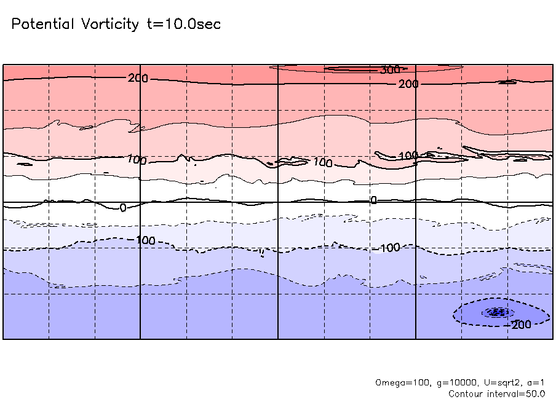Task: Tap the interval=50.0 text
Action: [517, 393]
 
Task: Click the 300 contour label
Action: [389, 70]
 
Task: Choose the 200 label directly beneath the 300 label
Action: [408, 84]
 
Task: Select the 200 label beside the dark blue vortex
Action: [522, 325]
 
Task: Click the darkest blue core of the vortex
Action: [498, 312]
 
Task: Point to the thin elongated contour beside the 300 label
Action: [351, 69]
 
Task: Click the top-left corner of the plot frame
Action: [3, 65]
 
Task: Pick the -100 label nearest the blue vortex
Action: [389, 248]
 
